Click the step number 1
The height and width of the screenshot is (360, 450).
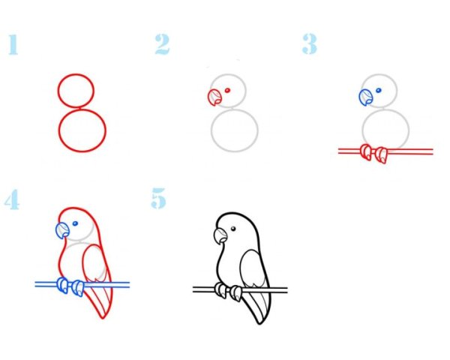(13, 44)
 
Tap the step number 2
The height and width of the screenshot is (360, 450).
(162, 44)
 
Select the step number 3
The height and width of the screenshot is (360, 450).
(310, 44)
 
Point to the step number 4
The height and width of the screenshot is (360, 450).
(12, 199)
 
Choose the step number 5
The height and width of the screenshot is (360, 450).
(159, 198)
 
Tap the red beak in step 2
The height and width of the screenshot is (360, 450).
(214, 97)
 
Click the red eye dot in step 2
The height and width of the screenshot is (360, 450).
(227, 91)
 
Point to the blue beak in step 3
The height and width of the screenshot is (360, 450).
(366, 97)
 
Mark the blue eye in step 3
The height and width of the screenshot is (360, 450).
(379, 91)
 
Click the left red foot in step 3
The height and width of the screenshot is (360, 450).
(366, 151)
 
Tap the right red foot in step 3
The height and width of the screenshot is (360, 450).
(382, 155)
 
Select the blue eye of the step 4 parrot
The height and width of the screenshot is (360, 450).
(75, 223)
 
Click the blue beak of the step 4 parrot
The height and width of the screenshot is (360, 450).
(62, 231)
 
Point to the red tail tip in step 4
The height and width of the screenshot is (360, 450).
(103, 318)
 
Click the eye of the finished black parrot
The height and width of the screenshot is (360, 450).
(233, 229)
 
